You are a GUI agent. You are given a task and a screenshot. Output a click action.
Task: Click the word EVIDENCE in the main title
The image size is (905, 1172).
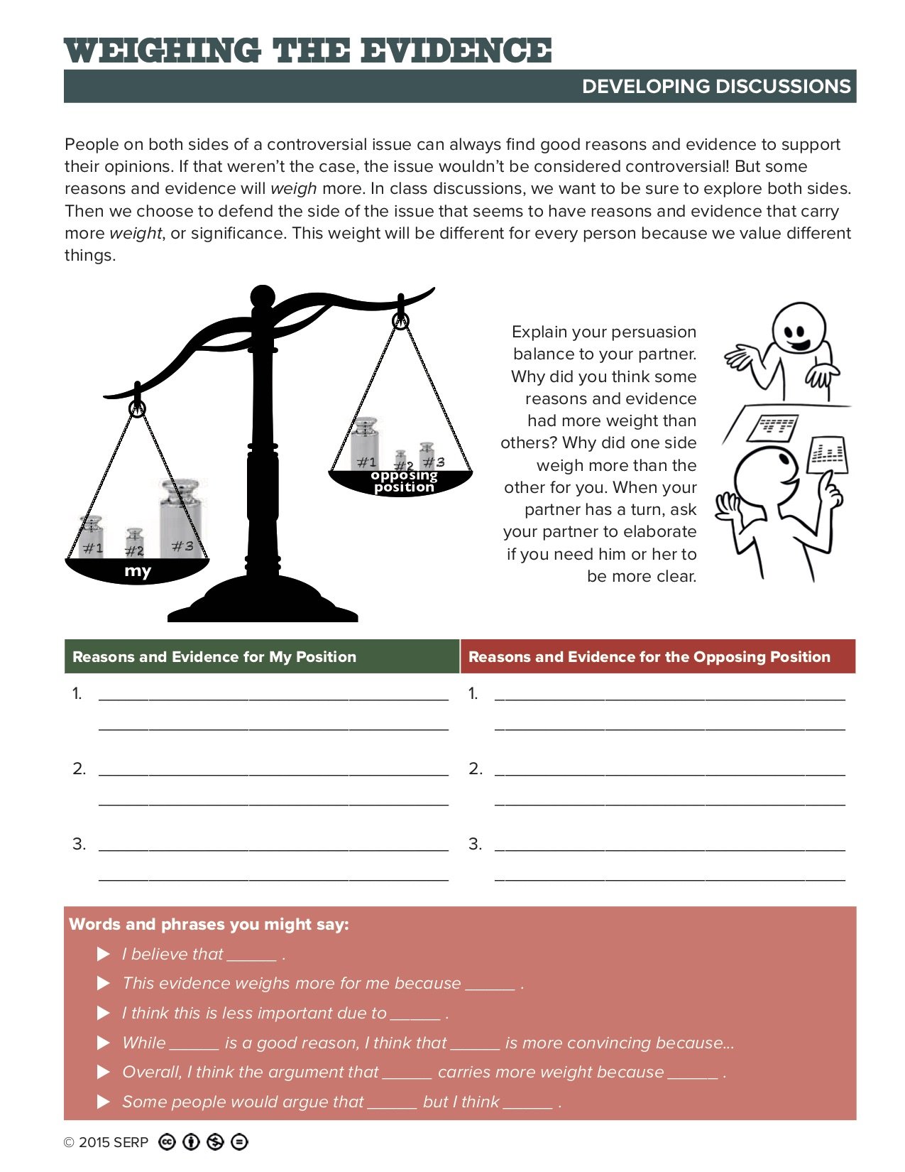(x=455, y=51)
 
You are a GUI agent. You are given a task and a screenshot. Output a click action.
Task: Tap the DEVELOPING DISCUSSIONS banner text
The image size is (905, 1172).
(x=715, y=87)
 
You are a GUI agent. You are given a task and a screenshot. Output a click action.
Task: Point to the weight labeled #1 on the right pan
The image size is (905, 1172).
(x=366, y=445)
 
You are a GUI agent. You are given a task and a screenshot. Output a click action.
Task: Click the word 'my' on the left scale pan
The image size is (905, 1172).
(x=138, y=571)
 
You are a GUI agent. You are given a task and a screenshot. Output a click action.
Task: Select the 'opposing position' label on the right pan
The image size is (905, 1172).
(x=404, y=481)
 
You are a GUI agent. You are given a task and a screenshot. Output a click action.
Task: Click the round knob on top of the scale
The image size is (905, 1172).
(x=263, y=296)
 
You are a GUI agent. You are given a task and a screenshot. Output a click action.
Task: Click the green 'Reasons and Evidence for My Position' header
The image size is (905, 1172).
(x=214, y=657)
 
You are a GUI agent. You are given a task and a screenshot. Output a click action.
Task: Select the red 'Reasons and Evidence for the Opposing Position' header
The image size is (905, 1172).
(x=649, y=657)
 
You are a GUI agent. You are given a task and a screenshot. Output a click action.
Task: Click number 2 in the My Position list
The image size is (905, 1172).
(x=79, y=769)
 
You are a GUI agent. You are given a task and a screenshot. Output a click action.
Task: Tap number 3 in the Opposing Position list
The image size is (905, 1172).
(x=475, y=844)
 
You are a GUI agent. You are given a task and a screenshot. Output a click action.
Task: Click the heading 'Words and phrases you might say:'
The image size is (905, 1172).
(x=209, y=924)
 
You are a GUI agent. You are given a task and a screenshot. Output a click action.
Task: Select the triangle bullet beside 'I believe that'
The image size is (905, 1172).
(x=104, y=954)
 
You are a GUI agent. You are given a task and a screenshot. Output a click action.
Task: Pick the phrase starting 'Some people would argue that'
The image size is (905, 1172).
(x=243, y=1102)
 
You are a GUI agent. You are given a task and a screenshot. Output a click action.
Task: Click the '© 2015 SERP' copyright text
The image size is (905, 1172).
(x=106, y=1142)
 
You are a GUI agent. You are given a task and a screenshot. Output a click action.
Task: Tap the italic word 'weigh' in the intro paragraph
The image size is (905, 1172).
(x=294, y=188)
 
